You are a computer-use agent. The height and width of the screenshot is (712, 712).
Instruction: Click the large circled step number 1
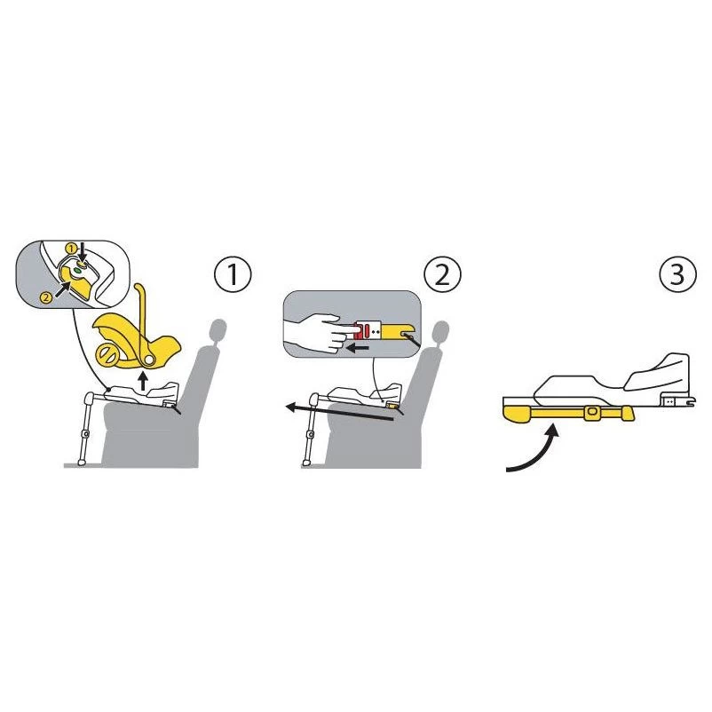[233, 274]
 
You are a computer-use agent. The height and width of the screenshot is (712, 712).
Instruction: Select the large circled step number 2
[442, 274]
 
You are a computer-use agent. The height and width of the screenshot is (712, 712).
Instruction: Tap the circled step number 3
[677, 274]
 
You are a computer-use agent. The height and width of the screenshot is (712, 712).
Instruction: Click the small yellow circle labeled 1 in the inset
[71, 249]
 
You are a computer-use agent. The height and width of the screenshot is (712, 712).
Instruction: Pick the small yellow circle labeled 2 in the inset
[46, 298]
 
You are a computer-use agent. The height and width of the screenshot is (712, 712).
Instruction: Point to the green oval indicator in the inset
[77, 270]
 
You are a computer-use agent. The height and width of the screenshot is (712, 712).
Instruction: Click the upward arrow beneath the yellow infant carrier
[143, 382]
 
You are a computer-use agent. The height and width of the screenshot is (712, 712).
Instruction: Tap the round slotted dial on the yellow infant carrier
[107, 354]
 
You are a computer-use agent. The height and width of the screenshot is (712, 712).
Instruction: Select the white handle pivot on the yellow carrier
[148, 360]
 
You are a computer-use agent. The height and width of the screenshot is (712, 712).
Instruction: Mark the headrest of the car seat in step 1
[218, 330]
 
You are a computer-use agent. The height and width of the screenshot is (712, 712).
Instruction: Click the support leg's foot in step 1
[82, 463]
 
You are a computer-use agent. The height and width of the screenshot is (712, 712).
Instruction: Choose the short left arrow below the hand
[357, 349]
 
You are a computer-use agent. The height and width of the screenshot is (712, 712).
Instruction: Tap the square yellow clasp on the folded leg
[590, 412]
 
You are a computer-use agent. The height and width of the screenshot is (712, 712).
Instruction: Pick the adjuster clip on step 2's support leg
[311, 434]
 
